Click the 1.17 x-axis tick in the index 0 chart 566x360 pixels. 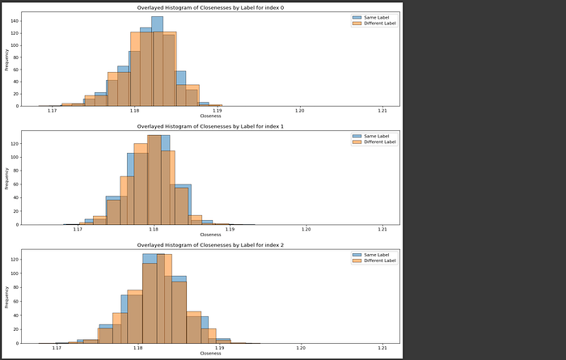coord(53,110)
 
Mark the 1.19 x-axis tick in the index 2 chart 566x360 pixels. coord(219,347)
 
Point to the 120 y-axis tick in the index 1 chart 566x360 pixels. coord(15,143)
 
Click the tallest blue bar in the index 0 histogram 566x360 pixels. coord(157,61)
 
